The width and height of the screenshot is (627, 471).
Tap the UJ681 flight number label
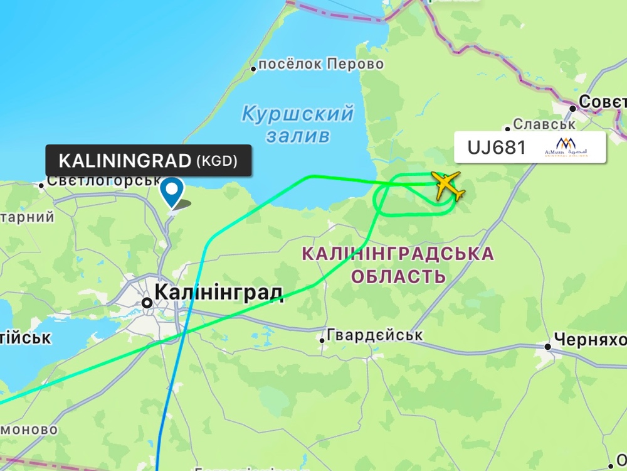coord(497,148)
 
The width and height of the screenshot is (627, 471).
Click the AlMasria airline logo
coord(566,148)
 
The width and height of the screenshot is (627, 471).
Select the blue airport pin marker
coord(172,191)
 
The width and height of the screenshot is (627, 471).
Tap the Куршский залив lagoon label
coord(298,124)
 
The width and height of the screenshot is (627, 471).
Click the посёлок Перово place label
coord(321,64)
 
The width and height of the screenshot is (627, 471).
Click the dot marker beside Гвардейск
coord(322,340)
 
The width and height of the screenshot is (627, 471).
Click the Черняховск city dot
coord(547,346)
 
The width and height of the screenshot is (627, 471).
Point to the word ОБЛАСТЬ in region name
coord(399,276)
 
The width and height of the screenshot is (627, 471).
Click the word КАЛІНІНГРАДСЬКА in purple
coord(398,254)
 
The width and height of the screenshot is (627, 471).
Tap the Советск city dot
coord(572,108)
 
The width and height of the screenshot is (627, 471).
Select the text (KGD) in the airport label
coord(217,161)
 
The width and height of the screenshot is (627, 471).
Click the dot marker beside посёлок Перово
coord(254,68)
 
